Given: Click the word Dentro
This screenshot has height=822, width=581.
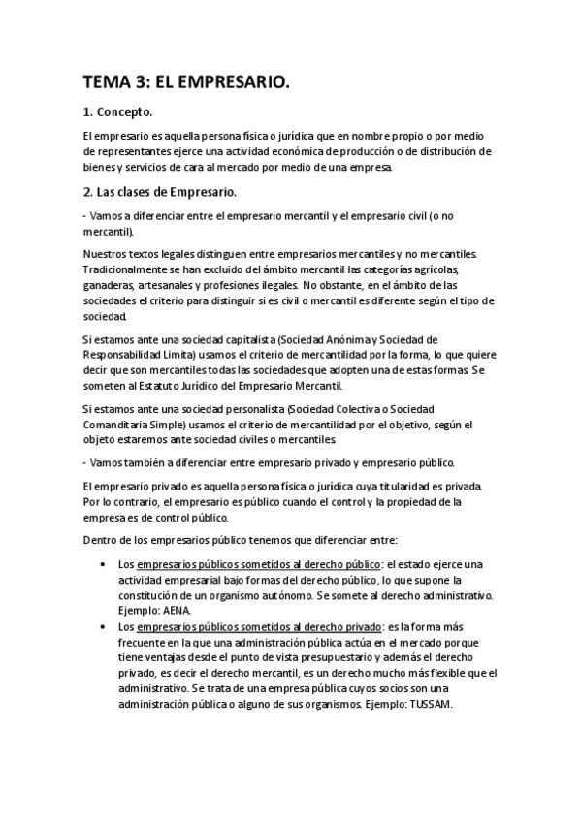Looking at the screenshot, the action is pos(102,538).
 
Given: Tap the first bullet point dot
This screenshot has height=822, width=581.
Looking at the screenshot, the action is pos(103,563).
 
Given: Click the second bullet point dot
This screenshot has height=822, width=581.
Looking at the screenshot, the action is pos(103,626).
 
